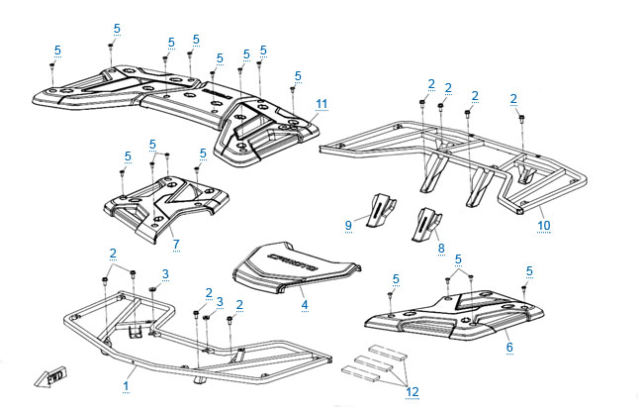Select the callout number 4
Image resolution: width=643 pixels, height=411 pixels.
pyautogui.click(x=305, y=304)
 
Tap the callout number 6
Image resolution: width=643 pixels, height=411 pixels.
pyautogui.click(x=508, y=348)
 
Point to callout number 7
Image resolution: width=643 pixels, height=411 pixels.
pyautogui.click(x=175, y=243)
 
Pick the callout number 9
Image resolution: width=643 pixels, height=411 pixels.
pyautogui.click(x=348, y=226)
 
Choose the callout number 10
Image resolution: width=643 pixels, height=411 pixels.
pyautogui.click(x=544, y=225)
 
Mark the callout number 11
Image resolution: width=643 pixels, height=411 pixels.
pyautogui.click(x=321, y=103)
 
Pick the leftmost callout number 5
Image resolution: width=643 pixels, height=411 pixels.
pyautogui.click(x=57, y=50)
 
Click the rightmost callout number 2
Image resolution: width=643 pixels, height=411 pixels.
pyautogui.click(x=514, y=97)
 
